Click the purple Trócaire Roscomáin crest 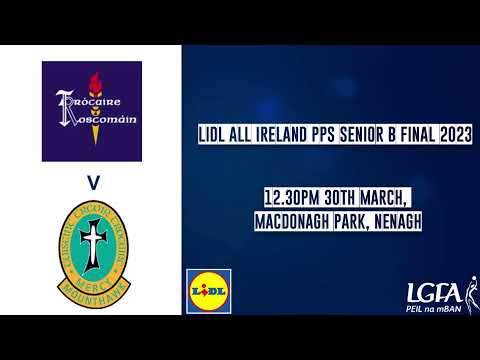pos(91,110)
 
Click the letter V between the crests pos(91,181)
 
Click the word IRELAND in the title pos(281,133)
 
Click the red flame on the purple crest pos(95,84)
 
